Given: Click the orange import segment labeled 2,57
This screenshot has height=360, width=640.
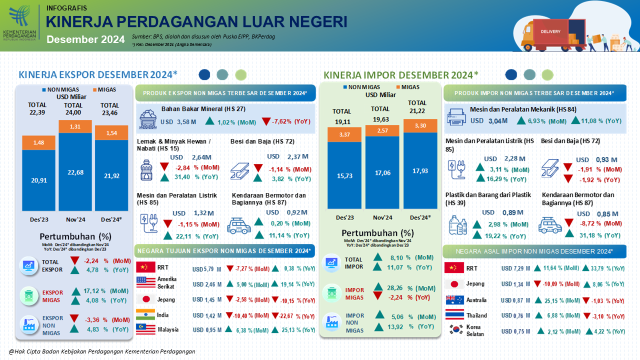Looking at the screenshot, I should [x=382, y=130].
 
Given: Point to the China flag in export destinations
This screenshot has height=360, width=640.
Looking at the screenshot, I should [x=145, y=267].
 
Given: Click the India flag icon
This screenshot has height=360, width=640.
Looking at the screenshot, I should [x=145, y=315].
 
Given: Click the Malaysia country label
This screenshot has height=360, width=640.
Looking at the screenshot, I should [x=167, y=330].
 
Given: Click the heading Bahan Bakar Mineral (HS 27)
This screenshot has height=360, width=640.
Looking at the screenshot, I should [x=203, y=109].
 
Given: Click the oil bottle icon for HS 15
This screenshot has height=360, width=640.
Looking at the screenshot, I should [x=147, y=170].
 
